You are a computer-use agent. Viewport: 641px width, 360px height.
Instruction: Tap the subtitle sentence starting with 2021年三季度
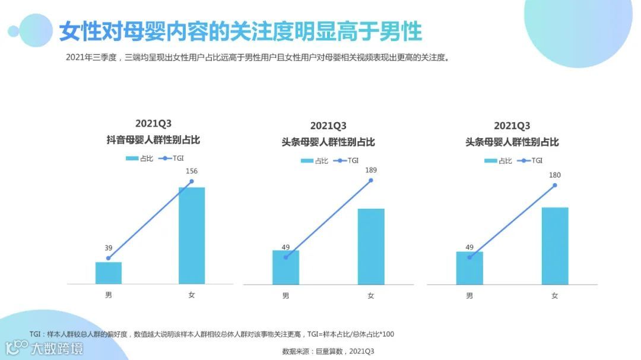click(257, 58)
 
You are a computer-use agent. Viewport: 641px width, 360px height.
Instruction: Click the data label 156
click(192, 171)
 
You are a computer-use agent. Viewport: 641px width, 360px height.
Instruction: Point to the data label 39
click(108, 248)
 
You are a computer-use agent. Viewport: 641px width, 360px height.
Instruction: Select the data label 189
click(371, 170)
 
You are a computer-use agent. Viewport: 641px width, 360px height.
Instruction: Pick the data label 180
click(555, 175)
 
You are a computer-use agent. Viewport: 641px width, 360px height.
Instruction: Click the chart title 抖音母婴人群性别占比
click(153, 140)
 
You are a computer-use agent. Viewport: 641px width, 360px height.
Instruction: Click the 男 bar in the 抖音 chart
click(108, 273)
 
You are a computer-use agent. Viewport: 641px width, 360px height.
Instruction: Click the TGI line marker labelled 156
click(192, 181)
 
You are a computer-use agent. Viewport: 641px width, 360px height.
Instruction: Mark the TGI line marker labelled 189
click(371, 180)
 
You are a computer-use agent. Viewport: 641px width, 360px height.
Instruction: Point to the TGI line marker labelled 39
click(108, 258)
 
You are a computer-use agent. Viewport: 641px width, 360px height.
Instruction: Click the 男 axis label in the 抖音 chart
click(108, 295)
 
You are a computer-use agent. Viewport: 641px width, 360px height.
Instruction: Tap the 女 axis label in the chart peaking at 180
click(555, 295)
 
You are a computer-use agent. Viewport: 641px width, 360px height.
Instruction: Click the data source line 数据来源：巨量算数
click(328, 351)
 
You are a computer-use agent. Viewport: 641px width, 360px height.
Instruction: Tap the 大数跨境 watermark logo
click(45, 348)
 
